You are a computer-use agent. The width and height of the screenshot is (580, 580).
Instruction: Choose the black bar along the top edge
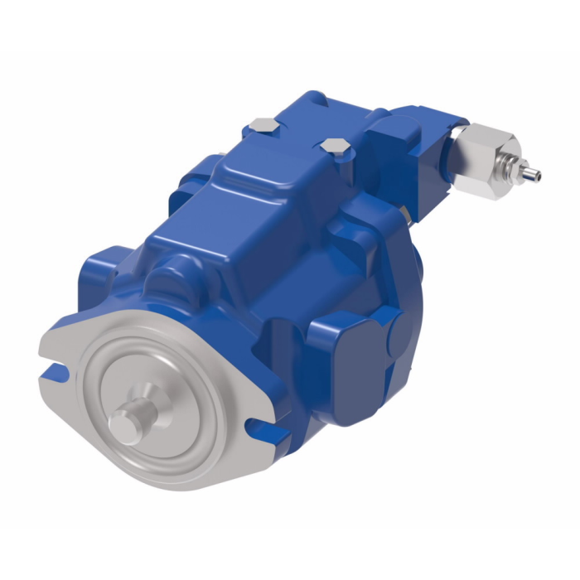290,25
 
